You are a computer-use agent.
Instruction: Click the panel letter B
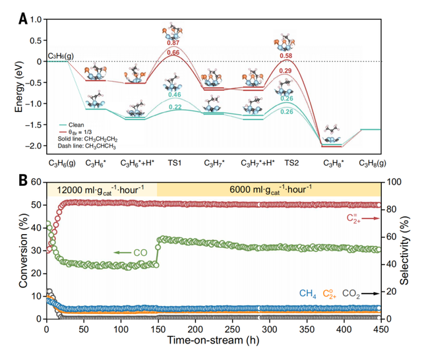pyautogui.click(x=23, y=179)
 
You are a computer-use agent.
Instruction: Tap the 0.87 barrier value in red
pyautogui.click(x=173, y=43)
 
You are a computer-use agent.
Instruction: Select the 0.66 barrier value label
pyautogui.click(x=173, y=53)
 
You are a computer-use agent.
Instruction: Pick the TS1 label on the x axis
pyautogui.click(x=174, y=161)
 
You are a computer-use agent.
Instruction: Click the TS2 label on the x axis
pyautogui.click(x=291, y=161)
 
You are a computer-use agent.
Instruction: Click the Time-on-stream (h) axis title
pyautogui.click(x=213, y=343)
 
